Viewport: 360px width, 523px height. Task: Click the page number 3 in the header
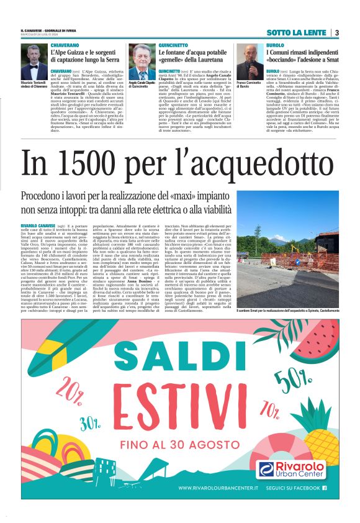click(x=336, y=32)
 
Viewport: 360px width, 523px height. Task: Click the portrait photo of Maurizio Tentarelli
click(x=33, y=63)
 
